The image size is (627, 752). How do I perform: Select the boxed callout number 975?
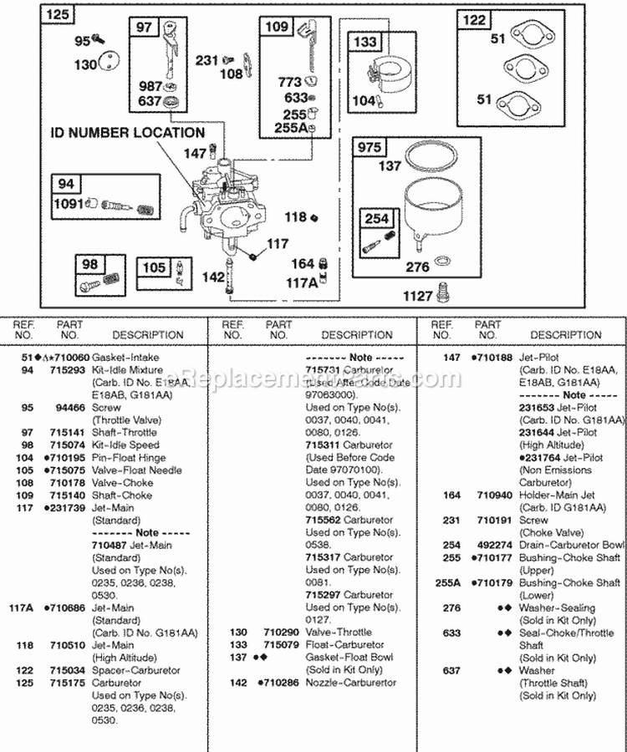tap(369, 148)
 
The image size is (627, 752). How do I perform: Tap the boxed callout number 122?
tap(474, 20)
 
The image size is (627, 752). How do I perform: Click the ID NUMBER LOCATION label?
tap(128, 133)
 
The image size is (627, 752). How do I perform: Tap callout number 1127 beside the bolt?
tap(417, 295)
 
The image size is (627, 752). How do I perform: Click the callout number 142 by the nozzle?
tap(214, 277)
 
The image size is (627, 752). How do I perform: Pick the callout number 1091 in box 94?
tap(69, 203)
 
